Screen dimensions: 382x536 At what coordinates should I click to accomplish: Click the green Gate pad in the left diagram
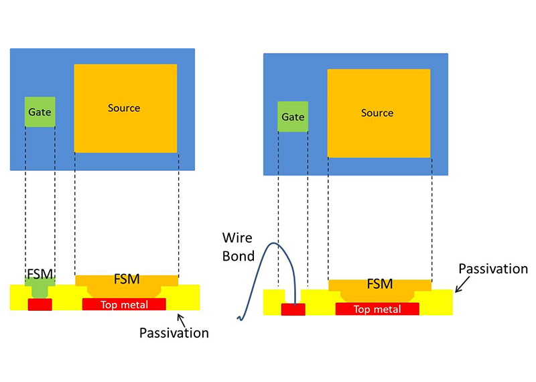coord(40,113)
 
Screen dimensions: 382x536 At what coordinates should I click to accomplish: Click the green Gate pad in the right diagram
coord(293,117)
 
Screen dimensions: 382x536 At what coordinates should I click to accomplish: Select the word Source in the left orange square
coord(124,108)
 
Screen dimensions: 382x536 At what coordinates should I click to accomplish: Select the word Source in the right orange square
coord(377,113)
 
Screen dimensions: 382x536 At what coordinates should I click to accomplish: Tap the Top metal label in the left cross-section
coord(124,305)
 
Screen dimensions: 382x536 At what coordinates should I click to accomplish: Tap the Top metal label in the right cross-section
coord(377,309)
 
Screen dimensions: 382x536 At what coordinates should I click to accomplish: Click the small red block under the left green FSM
coord(40,305)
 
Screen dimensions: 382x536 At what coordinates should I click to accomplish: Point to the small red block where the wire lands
coord(293,309)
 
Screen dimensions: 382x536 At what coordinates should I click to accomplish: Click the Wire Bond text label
coord(239,246)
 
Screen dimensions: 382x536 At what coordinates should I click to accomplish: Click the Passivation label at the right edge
coord(493,269)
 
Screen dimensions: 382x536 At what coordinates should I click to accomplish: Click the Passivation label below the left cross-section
coord(174,332)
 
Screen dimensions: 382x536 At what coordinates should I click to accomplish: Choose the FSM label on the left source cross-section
coord(126,278)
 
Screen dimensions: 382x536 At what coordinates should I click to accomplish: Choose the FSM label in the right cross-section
coord(380,283)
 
